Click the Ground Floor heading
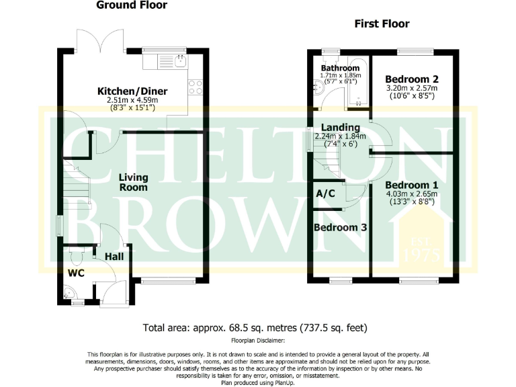click(x=132, y=5)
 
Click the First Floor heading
click(x=382, y=24)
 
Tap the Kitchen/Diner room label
click(x=132, y=91)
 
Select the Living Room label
click(x=133, y=182)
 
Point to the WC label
click(x=76, y=273)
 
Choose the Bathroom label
click(x=340, y=69)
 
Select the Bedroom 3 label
click(x=341, y=228)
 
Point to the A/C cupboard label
click(x=326, y=193)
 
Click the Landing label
click(x=341, y=127)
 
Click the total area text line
click(x=255, y=328)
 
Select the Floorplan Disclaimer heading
click(x=258, y=341)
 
